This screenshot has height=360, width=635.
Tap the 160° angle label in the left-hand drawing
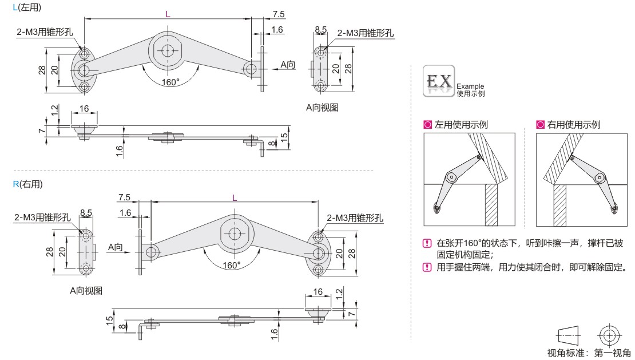170,82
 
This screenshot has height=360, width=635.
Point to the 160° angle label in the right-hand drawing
232,265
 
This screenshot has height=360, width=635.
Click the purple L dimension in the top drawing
168,14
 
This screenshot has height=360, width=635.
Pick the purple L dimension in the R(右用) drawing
234,197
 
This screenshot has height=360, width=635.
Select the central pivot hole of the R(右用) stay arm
235,234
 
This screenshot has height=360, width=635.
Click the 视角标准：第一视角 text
589,353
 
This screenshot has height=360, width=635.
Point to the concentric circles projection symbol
608,335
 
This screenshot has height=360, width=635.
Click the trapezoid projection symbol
568,335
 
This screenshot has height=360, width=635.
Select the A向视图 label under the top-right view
322,107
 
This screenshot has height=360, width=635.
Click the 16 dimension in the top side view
84,109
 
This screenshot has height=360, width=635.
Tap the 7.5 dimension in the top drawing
279,14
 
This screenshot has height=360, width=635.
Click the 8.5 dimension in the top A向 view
320,29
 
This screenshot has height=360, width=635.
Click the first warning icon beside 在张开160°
426,243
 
